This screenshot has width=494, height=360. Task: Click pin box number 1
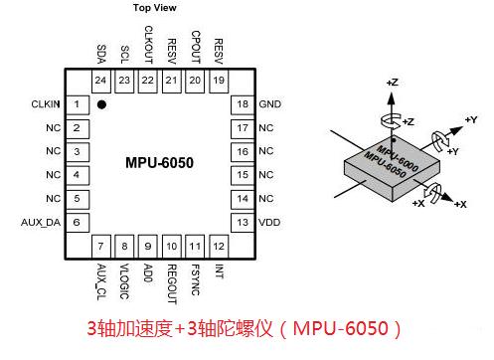(77, 104)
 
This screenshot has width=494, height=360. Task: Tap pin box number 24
(100, 80)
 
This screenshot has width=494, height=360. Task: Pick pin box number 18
(242, 104)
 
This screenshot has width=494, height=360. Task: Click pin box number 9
(148, 246)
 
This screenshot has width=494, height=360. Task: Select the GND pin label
(269, 104)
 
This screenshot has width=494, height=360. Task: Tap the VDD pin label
(269, 222)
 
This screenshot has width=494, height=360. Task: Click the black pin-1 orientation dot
(101, 102)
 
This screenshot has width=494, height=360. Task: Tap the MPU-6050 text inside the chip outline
(159, 162)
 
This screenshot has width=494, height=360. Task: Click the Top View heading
(157, 8)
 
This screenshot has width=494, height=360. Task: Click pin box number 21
(172, 80)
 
